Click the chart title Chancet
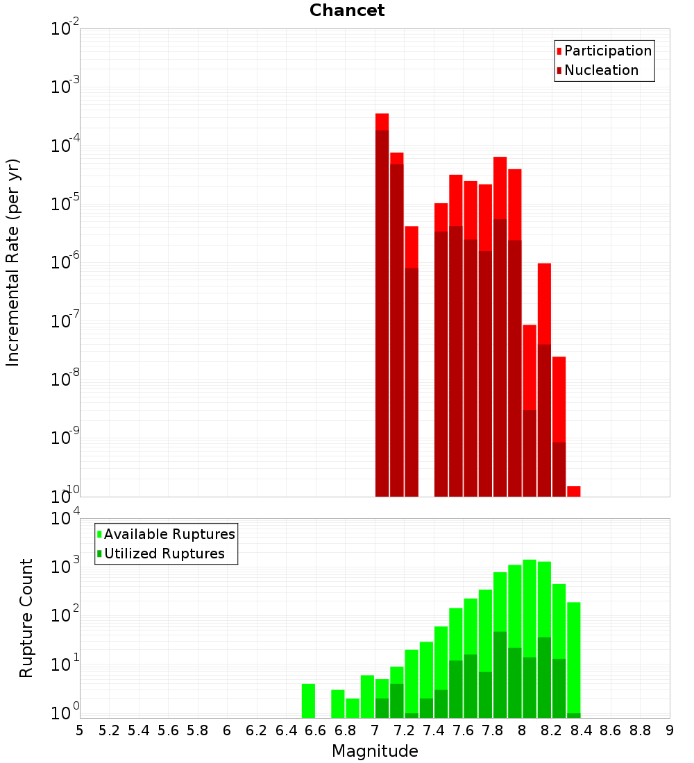347,10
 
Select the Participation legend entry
604,51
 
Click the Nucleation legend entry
598,70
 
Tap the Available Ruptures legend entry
166,534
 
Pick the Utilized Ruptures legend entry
161,554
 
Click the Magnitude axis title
375,751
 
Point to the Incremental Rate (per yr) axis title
12,262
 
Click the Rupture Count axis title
26,618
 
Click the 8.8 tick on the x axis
640,730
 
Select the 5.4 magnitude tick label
139,730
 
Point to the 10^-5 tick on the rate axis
65,203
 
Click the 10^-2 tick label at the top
65,28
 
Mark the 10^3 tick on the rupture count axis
65,566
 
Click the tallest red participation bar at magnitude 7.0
382,121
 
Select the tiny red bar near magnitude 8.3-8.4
574,492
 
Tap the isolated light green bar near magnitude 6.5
308,701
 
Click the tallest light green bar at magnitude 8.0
530,608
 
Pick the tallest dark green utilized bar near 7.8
500,674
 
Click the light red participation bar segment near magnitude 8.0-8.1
530,368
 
